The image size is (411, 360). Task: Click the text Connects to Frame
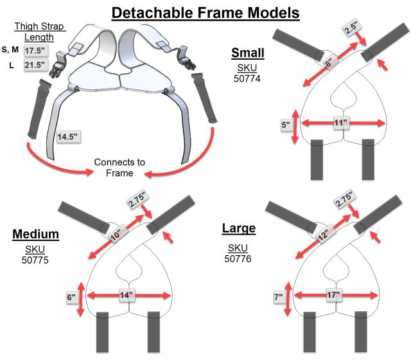coord(119,167)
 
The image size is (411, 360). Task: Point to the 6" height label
coord(73,298)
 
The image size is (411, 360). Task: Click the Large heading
coord(238,228)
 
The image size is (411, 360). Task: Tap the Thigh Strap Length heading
coord(36,31)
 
